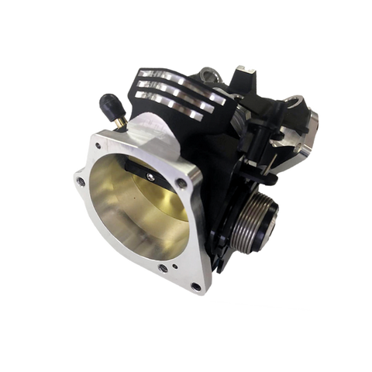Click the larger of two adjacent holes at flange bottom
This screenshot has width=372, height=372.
pos(162,268)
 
